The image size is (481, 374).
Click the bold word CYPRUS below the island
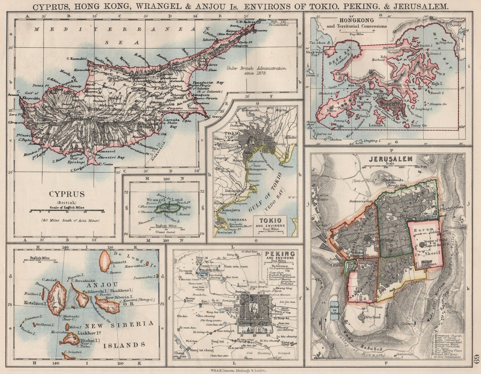point(67,193)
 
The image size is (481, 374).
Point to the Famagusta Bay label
point(206,81)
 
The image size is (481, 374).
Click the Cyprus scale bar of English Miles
point(66,211)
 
